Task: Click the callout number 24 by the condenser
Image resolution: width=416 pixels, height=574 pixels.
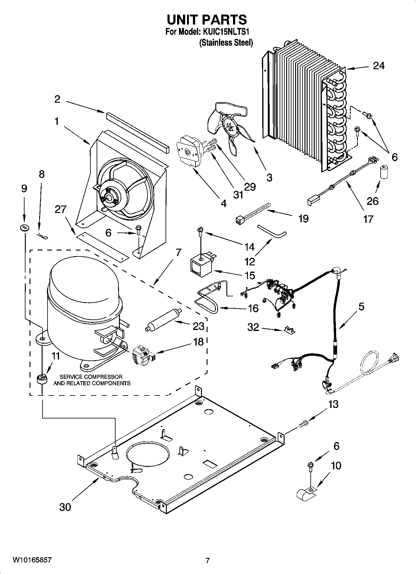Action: [378, 66]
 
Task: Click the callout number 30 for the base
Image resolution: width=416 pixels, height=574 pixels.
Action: [65, 507]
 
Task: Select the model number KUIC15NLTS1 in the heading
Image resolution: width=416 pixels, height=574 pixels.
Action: [226, 32]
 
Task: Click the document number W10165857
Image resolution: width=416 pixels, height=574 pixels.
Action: [32, 560]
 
